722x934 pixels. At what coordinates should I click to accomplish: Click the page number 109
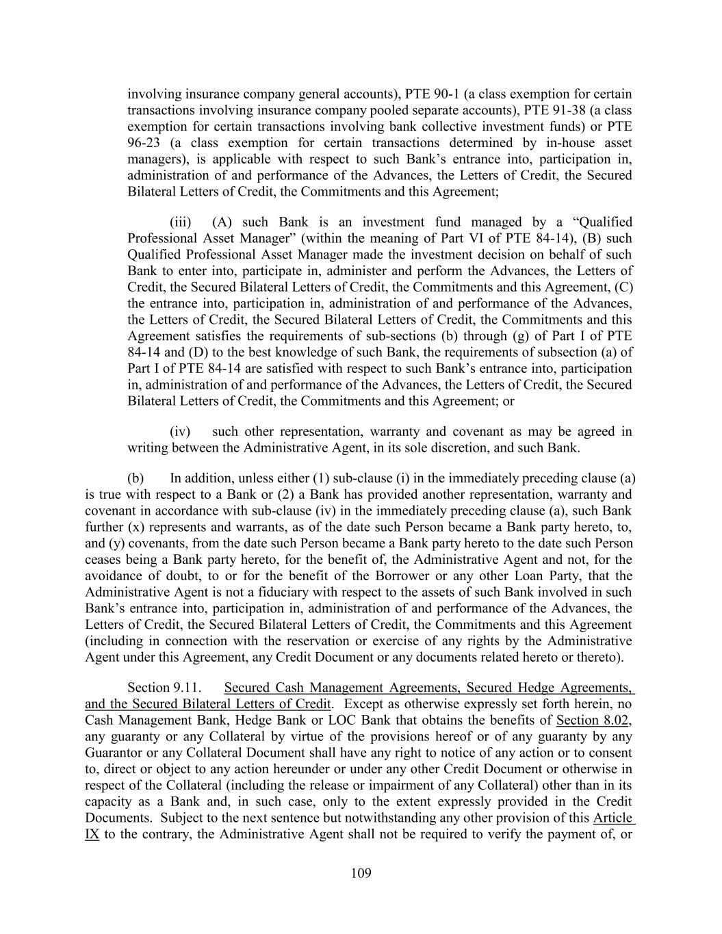point(361,872)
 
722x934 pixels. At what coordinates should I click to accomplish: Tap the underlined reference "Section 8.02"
point(593,720)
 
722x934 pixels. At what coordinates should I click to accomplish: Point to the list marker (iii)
point(181,222)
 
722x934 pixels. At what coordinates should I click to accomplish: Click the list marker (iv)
point(180,431)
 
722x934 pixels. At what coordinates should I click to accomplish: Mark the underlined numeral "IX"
point(92,834)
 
